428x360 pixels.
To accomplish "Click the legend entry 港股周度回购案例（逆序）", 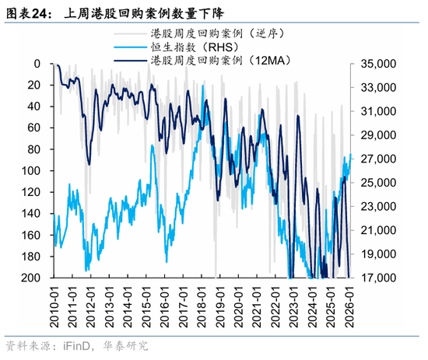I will coord(211,35).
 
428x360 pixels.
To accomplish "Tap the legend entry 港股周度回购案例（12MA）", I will coord(213,63).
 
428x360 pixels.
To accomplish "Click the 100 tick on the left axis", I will coord(32,170).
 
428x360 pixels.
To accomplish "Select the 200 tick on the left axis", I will coord(32,278).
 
